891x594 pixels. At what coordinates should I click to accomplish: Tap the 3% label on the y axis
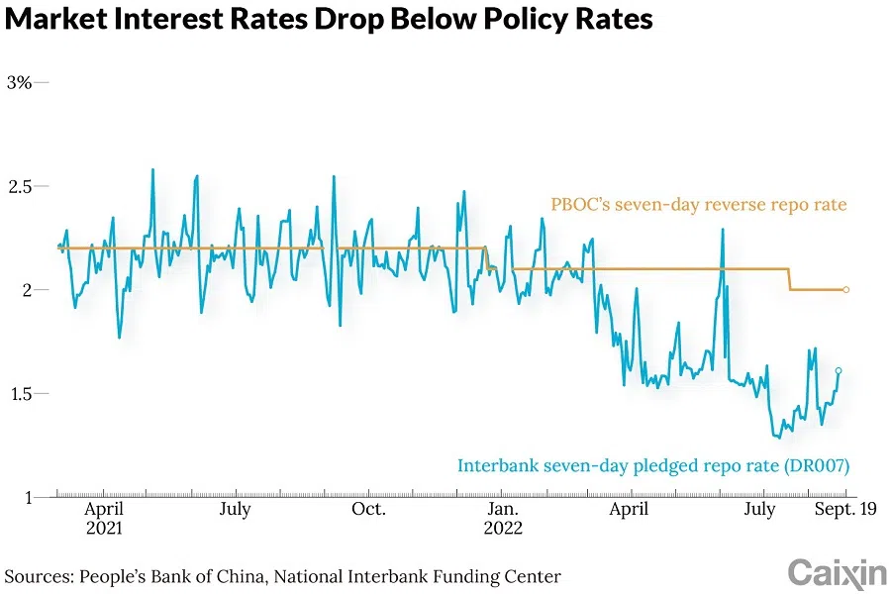tap(19, 82)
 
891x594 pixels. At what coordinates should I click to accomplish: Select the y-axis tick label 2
tap(27, 290)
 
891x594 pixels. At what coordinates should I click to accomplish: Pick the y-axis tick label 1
tap(27, 497)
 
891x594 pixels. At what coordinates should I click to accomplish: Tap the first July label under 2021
tap(235, 509)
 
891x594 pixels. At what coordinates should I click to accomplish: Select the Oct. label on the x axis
tap(368, 509)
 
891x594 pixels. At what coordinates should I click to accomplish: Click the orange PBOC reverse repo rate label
tap(699, 205)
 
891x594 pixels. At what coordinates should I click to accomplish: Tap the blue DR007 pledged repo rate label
tap(653, 464)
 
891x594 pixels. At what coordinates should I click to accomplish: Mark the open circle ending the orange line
tap(846, 289)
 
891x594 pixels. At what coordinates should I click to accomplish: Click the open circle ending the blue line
tap(839, 371)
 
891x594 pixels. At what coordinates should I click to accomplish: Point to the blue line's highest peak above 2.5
tap(152, 169)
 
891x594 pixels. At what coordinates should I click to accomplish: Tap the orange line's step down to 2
tap(790, 279)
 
